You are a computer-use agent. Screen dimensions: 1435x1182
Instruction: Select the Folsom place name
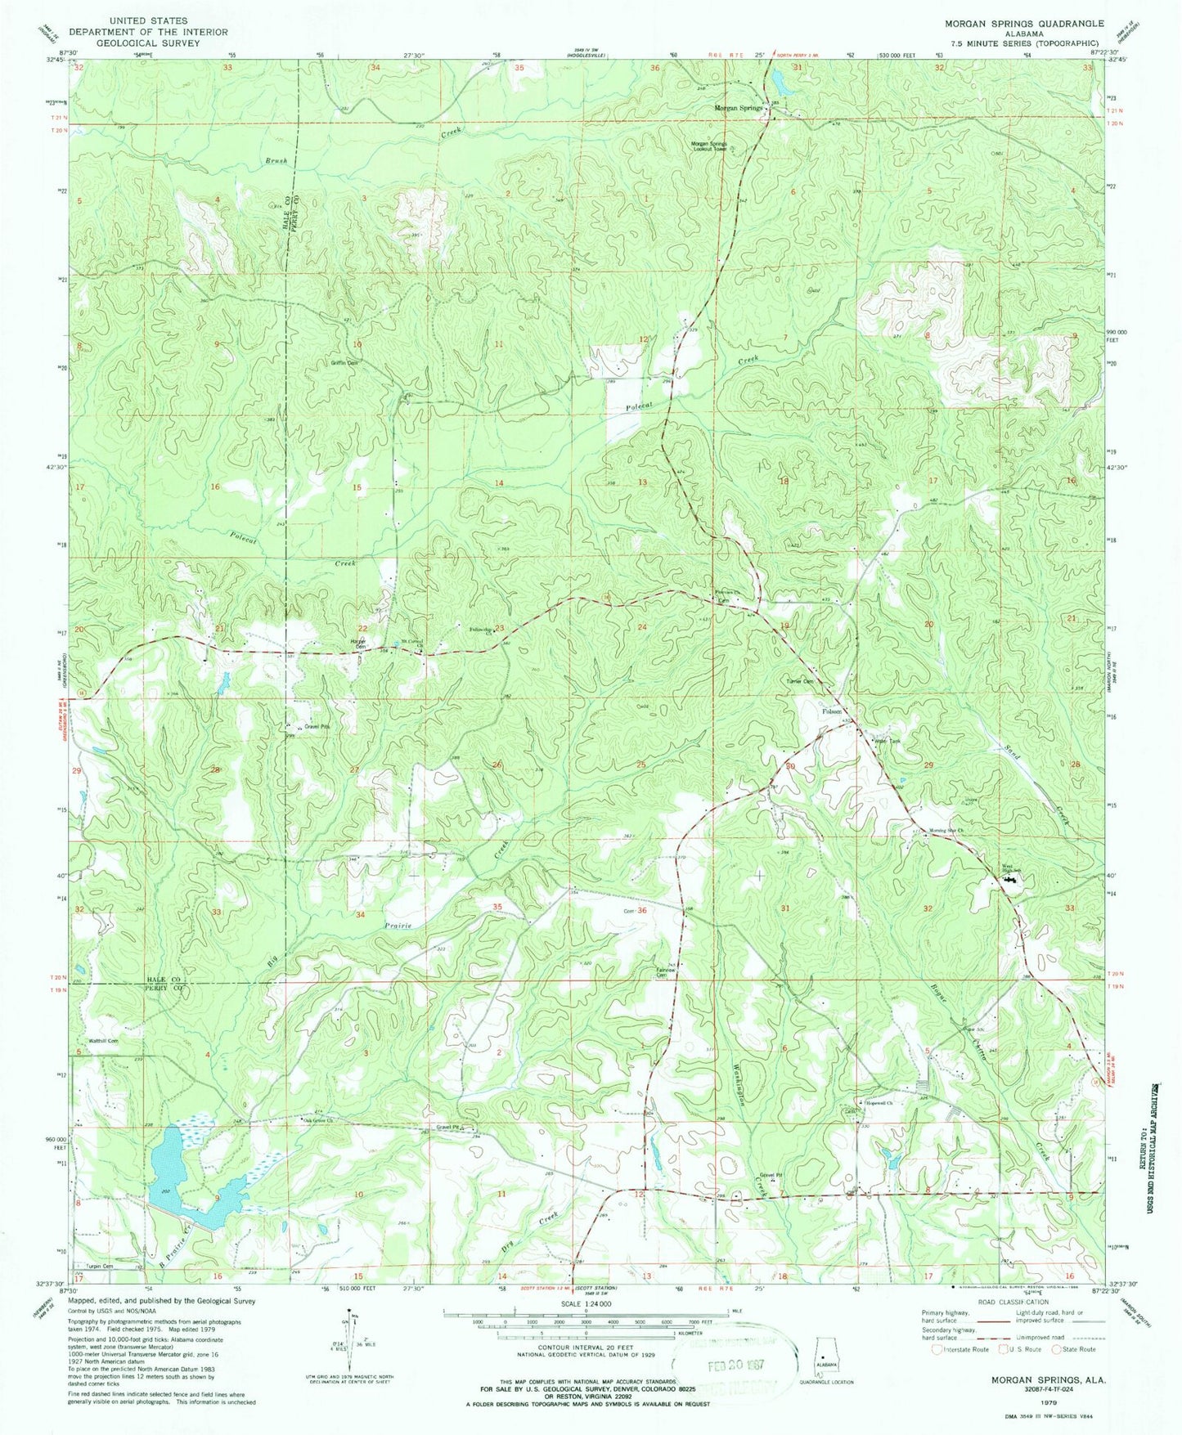pyautogui.click(x=833, y=711)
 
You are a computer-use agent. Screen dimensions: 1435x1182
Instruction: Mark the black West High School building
pyautogui.click(x=1009, y=881)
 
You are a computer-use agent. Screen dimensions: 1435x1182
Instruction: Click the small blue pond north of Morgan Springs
pyautogui.click(x=773, y=79)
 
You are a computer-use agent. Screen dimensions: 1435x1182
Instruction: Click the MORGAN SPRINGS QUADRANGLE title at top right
pyautogui.click(x=1036, y=24)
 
